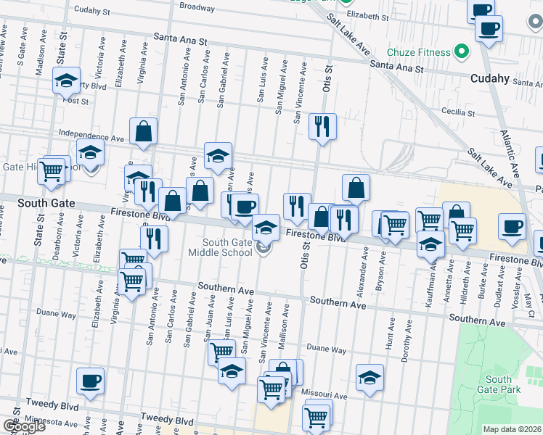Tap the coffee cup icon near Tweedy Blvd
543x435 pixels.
91,381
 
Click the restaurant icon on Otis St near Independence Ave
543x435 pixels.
322,126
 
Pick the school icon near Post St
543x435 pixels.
67,80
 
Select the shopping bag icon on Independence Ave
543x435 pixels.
144,131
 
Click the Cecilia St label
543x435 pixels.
468,112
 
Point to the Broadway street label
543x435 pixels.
197,7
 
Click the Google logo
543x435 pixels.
24,426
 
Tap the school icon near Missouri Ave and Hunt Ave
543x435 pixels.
370,377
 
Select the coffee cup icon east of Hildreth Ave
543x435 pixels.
513,225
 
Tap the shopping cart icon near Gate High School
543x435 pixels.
51,171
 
